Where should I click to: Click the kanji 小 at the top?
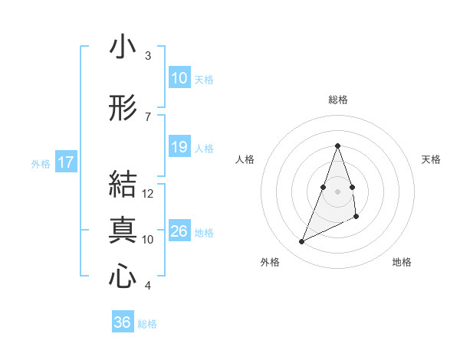click(x=123, y=47)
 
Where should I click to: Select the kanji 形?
click(x=123, y=109)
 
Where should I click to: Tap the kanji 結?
click(x=123, y=185)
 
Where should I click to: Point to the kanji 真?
click(x=123, y=231)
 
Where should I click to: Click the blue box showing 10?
click(x=179, y=78)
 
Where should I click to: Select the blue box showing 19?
click(x=179, y=147)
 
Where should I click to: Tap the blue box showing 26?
click(x=179, y=231)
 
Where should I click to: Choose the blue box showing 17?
click(x=65, y=162)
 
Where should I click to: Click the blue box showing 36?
click(x=123, y=322)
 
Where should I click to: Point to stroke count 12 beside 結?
click(x=148, y=194)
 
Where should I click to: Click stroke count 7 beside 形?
click(x=148, y=116)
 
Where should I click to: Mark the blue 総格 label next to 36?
click(x=148, y=324)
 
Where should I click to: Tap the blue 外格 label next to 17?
click(x=41, y=163)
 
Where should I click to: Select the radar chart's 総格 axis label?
click(x=338, y=100)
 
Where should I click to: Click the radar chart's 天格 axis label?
click(x=432, y=159)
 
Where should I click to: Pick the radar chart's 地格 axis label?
click(x=402, y=262)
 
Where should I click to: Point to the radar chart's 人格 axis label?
click(x=245, y=159)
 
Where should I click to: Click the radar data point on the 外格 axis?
click(x=301, y=242)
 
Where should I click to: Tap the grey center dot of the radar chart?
click(x=338, y=191)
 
